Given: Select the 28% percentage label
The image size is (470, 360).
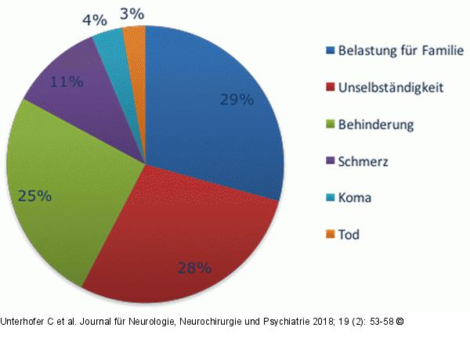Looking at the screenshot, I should point(195,268).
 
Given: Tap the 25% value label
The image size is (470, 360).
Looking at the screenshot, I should point(36,196).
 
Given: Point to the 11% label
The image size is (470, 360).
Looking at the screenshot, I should point(67,81).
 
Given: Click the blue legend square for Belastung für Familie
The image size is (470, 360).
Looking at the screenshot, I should point(330,52).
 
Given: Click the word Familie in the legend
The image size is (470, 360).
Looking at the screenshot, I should point(441,52).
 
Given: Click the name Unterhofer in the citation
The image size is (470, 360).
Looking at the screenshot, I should point(23,321).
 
